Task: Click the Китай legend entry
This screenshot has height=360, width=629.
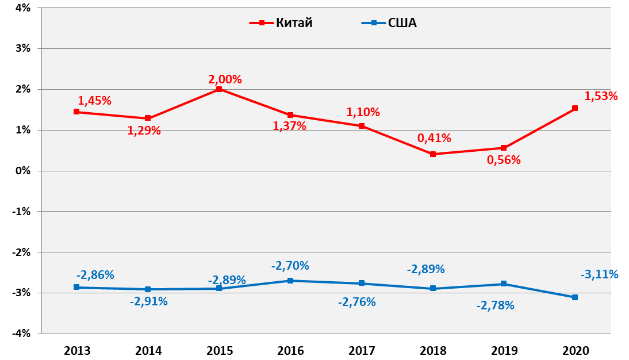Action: [281, 23]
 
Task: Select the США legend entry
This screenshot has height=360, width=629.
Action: [389, 23]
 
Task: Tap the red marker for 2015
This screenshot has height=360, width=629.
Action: [219, 89]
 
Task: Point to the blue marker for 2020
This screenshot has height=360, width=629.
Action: [575, 297]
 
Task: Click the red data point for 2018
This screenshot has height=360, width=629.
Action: [433, 154]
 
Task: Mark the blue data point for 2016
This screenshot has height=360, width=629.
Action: [290, 281]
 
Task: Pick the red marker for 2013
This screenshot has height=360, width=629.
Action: [76, 112]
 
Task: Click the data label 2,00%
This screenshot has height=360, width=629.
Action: [225, 79]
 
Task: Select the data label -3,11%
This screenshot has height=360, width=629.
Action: [600, 274]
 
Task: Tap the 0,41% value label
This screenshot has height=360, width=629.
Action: [434, 138]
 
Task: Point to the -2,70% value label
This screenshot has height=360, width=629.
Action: [290, 266]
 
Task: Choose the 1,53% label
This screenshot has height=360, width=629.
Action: [601, 96]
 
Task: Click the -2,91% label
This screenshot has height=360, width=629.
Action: [148, 301]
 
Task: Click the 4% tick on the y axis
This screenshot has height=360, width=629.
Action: [23, 8]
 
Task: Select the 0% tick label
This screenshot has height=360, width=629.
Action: [23, 171]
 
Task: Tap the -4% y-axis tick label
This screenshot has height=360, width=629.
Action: [21, 334]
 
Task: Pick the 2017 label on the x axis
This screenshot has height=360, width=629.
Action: [362, 350]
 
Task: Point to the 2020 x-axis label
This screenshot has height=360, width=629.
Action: [575, 350]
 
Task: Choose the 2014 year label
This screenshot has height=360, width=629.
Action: [148, 350]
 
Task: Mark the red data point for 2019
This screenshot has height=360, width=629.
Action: [504, 148]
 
